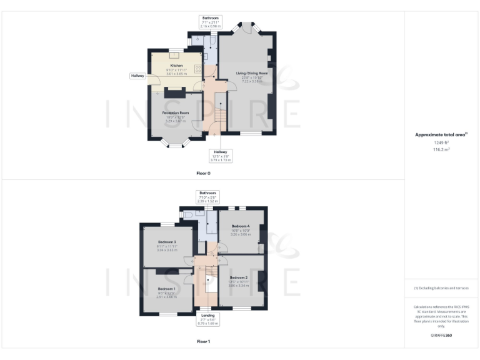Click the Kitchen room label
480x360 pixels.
[177, 66]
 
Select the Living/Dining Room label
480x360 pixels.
[252, 73]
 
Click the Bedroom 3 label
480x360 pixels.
[167, 242]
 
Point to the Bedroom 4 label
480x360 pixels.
[241, 226]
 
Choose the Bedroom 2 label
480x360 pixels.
[239, 277]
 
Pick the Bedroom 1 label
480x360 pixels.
[166, 289]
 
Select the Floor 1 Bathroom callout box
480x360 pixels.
[206, 197]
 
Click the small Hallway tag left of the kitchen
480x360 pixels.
[137, 76]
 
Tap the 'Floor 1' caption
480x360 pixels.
[203, 342]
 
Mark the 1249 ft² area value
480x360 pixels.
[442, 143]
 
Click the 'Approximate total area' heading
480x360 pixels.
[441, 134]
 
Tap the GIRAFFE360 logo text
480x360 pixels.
[442, 336]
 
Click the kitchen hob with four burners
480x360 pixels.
[199, 69]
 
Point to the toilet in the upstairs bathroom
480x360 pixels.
[189, 214]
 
